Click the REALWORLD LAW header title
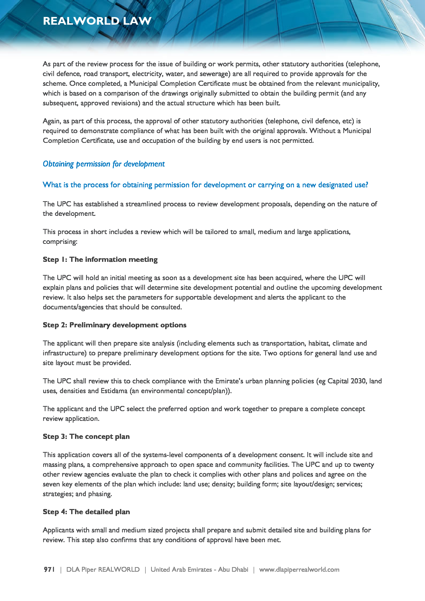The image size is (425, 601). (97, 21)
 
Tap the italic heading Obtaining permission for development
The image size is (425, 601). (104, 164)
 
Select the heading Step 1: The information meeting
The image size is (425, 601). (100, 260)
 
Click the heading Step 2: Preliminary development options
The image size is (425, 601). (114, 325)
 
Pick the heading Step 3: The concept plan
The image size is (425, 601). (86, 436)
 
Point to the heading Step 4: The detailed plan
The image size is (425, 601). (86, 512)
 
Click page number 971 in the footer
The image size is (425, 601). (49, 570)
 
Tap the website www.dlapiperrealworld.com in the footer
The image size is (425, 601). (299, 570)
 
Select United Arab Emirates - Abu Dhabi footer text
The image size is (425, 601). (199, 570)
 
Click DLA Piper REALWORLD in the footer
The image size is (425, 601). (103, 570)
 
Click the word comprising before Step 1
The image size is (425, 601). (60, 242)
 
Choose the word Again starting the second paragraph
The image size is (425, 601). (52, 121)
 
